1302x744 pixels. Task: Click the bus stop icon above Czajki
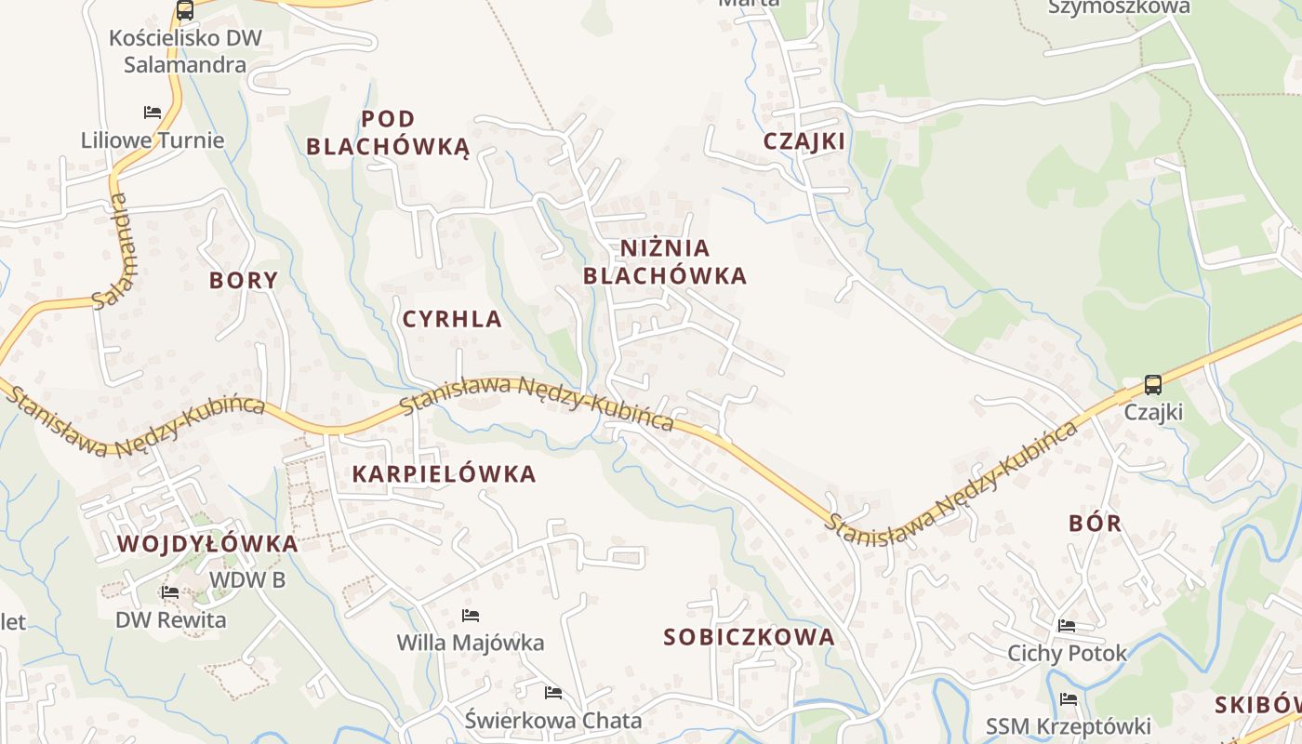click(x=1152, y=384)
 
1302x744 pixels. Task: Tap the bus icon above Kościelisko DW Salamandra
click(x=185, y=10)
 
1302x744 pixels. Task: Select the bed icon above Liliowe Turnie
click(x=153, y=113)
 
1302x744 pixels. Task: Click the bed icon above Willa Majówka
click(x=471, y=615)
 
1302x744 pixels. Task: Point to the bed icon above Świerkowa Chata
click(x=553, y=692)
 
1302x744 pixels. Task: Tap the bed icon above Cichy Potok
click(x=1067, y=626)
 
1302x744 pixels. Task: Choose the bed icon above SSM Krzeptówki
click(x=1068, y=698)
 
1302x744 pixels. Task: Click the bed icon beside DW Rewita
click(x=170, y=591)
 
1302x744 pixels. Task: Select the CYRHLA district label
click(x=452, y=319)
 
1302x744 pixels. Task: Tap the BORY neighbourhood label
click(x=244, y=280)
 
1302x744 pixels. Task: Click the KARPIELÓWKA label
click(x=445, y=473)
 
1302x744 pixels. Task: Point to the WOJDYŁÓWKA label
click(x=207, y=544)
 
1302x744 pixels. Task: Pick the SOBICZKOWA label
click(x=749, y=637)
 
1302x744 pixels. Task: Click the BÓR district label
click(x=1096, y=523)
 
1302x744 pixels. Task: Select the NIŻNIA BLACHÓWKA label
click(x=665, y=261)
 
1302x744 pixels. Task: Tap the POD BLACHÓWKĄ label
click(x=388, y=133)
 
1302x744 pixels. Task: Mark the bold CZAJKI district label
click(x=804, y=141)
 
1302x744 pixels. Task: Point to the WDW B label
click(x=246, y=579)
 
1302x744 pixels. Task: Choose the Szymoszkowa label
click(x=1119, y=7)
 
